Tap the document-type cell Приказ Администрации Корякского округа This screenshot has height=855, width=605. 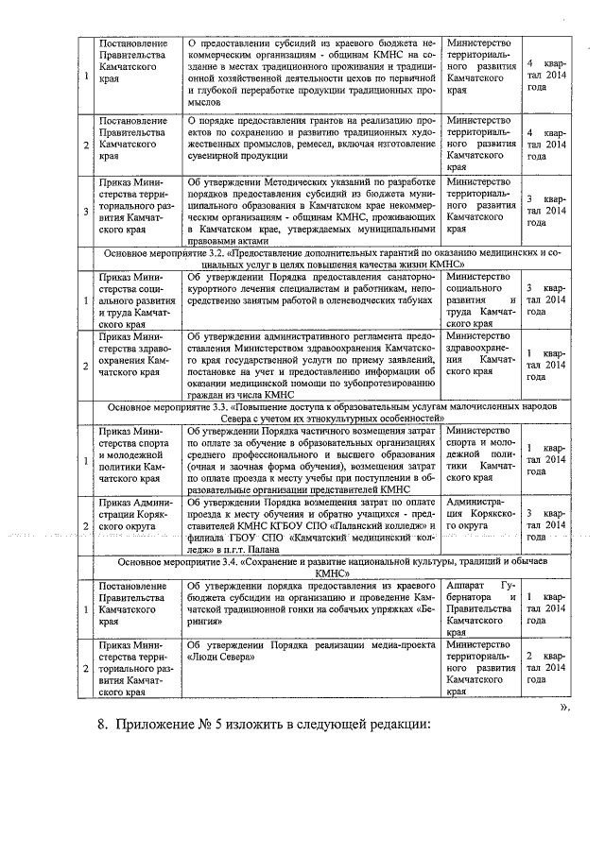point(133,519)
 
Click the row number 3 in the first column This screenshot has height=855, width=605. point(85,210)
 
